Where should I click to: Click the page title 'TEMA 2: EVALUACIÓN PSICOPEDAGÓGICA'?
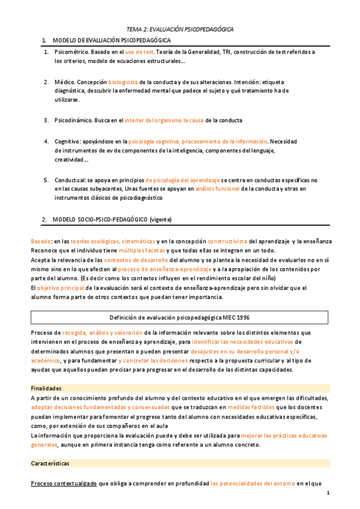[180, 29]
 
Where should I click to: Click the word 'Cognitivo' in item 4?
[67, 142]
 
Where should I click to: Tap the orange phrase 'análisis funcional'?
[217, 188]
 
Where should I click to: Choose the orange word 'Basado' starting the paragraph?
[41, 241]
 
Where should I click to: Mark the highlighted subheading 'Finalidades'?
[46, 388]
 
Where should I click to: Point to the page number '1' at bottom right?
[328, 493]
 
